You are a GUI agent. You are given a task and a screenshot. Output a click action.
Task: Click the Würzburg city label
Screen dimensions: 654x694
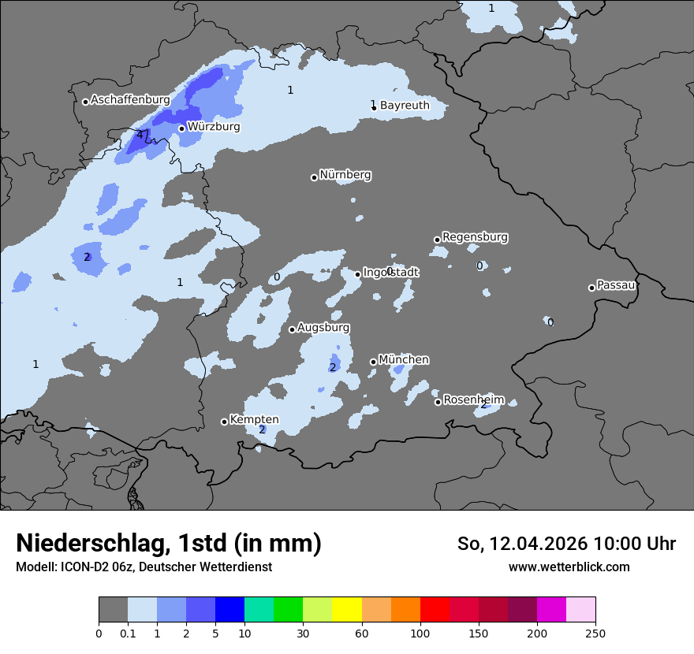(214, 126)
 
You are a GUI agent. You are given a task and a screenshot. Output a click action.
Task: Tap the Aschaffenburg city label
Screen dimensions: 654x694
(130, 100)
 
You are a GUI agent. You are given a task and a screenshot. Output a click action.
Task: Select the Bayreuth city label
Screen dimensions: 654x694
(405, 105)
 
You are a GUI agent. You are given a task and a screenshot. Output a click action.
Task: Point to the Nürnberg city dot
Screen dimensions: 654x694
(314, 177)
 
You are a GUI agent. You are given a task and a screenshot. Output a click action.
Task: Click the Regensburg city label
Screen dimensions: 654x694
(475, 236)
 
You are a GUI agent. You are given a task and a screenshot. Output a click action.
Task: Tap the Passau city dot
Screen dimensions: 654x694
(591, 288)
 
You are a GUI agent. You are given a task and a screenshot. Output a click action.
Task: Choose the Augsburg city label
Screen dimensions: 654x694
(323, 327)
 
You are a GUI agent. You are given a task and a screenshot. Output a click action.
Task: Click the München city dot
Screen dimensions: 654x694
(374, 362)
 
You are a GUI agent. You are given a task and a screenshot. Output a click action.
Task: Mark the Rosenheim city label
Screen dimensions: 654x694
(473, 399)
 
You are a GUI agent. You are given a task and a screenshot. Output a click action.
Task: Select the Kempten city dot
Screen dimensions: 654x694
(224, 422)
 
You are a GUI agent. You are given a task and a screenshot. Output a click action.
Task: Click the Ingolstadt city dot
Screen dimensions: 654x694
(358, 274)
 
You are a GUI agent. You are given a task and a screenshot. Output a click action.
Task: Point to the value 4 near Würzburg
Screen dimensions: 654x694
(140, 135)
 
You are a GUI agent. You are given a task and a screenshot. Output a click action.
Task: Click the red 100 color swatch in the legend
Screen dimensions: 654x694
(435, 610)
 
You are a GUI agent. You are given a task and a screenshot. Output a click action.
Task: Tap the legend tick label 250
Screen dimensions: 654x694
(595, 634)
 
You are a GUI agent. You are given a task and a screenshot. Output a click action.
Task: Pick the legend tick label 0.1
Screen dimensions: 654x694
(128, 634)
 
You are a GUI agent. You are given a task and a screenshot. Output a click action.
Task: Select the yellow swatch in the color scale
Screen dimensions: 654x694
(347, 610)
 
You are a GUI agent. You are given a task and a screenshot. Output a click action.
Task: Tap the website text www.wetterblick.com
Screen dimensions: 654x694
(569, 567)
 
